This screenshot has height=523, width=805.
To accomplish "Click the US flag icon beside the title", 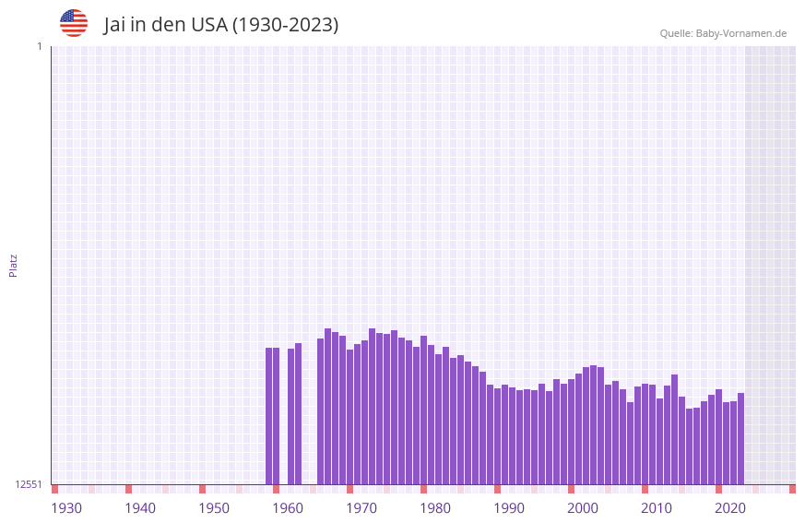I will coord(74,23).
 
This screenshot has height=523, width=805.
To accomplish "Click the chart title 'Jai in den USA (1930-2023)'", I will coord(221,25).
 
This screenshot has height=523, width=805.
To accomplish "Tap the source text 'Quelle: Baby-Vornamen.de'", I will coord(723,33).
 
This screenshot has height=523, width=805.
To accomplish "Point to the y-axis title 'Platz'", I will coord(13,266).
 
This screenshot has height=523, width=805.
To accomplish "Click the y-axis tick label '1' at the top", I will coord(39,46).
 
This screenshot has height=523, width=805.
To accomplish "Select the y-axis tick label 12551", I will coord(28,484).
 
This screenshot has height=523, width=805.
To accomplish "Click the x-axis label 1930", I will coord(66,508).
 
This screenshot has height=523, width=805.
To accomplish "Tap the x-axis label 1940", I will coord(140,508).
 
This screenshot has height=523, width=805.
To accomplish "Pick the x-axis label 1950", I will coord(214,508).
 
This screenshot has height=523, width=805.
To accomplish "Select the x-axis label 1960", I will coord(288,508).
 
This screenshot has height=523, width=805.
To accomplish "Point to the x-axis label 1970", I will coord(361,508).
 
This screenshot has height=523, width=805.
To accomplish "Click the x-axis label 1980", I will coord(435,508).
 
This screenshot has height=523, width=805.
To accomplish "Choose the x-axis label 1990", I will coord(509,508).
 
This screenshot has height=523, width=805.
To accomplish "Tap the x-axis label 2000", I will coord(583,508).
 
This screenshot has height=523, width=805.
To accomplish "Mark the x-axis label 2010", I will coord(657,508).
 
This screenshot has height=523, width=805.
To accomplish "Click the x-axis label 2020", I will coord(730,508).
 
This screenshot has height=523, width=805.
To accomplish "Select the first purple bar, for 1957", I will coord(268,416).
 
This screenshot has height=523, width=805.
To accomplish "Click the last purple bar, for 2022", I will coord(740,438).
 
